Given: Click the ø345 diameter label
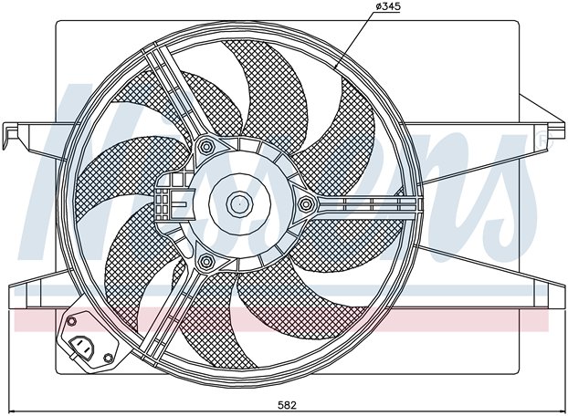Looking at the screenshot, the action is [388, 6].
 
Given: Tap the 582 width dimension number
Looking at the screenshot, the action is [287, 405].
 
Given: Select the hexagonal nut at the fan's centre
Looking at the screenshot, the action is [239, 204].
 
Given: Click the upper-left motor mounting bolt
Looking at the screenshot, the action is [206, 147].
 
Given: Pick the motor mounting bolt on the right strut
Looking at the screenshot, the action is [306, 204].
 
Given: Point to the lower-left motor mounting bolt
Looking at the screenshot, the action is [206, 261].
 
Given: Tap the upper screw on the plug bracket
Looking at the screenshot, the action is [72, 321].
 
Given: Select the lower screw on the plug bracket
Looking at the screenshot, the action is [109, 359].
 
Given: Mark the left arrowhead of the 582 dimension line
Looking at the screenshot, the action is [12, 411].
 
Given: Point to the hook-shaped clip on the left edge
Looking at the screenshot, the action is [9, 135].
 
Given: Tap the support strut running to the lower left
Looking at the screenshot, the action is [170, 314].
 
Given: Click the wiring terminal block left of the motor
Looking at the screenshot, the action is [170, 197].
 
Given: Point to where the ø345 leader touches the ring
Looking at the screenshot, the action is [335, 68].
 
